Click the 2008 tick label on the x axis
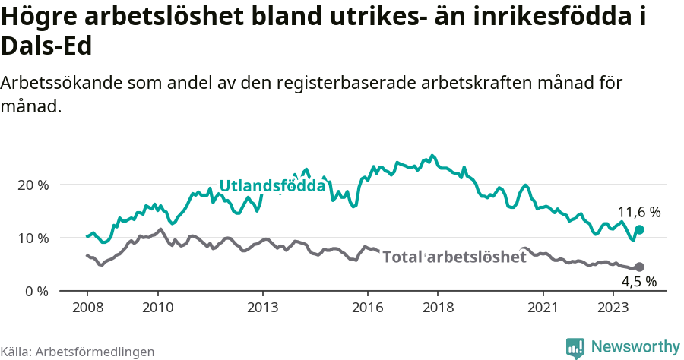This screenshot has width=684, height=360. [87, 308]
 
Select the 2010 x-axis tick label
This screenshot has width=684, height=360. [158, 308]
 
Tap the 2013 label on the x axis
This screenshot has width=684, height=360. [263, 308]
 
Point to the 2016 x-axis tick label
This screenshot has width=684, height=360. [368, 308]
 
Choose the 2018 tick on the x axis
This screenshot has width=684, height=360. [439, 308]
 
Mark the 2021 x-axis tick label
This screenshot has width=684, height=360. [543, 308]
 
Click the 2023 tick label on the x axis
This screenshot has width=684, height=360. [613, 308]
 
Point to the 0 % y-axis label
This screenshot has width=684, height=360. [37, 292]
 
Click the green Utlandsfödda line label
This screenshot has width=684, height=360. [272, 186]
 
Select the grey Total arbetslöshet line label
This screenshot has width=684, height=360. [454, 257]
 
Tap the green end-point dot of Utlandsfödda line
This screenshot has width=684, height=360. [639, 229]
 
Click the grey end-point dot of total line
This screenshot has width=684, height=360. [639, 267]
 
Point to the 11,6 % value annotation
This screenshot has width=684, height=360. [638, 212]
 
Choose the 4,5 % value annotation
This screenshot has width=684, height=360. [638, 282]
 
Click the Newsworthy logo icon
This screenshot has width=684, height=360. [575, 347]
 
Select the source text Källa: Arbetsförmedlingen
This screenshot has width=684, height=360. [78, 352]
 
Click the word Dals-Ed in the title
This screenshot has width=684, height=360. [46, 47]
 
